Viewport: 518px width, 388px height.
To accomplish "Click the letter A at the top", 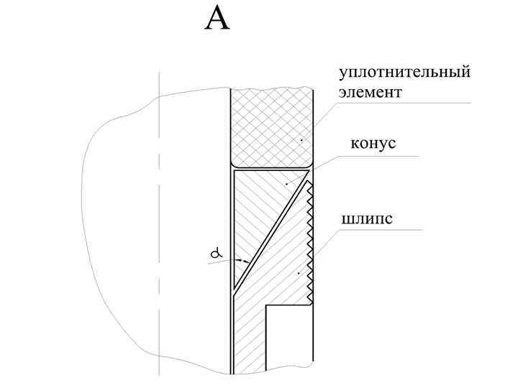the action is point(217,19).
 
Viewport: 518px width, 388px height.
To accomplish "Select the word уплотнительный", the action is point(405,73).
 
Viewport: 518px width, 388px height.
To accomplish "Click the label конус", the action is point(373,143).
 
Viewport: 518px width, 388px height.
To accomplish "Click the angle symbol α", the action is point(214,253).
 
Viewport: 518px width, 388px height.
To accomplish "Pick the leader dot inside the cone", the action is point(286,184).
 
